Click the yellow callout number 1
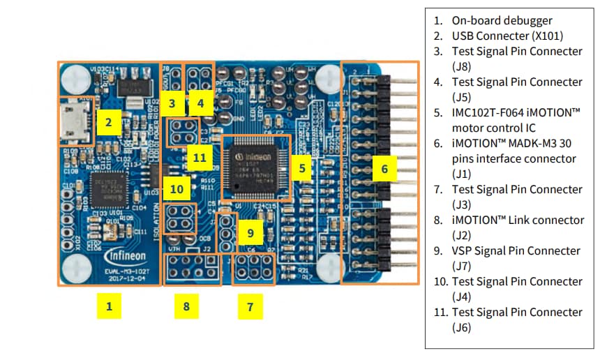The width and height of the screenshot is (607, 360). point(108,306)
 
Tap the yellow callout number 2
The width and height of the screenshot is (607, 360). point(108,123)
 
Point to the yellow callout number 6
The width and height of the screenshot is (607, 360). point(384,168)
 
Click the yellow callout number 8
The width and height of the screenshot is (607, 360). point(186,306)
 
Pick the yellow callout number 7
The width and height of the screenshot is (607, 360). point(250,306)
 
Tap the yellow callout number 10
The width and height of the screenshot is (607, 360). point(177,188)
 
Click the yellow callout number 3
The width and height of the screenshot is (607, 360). point(172,104)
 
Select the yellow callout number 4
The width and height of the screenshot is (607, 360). point(201,104)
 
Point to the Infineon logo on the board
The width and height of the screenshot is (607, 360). point(127,254)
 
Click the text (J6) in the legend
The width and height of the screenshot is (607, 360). point(461,327)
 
